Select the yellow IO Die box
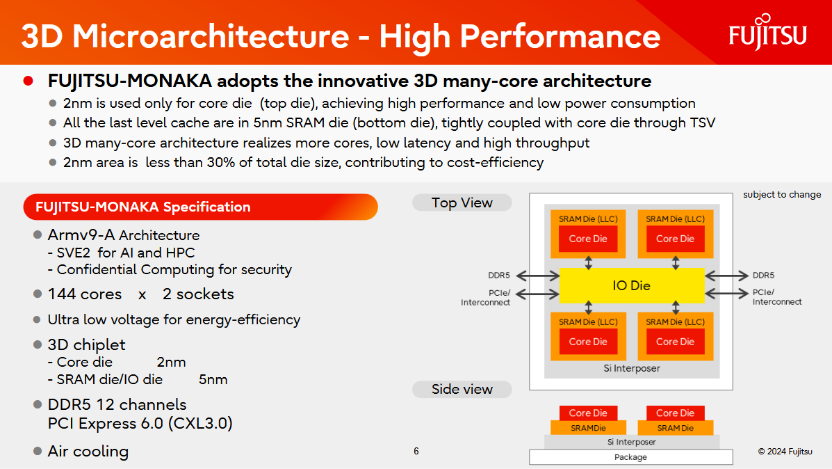[631, 285]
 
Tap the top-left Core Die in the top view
[588, 239]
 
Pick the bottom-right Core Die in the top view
[675, 342]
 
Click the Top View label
[462, 202]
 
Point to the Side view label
[462, 389]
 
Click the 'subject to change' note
[782, 195]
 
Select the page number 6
[416, 451]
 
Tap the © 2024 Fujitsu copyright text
[785, 452]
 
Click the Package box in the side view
[630, 457]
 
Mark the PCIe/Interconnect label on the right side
[776, 297]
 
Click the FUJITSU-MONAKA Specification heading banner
[200, 207]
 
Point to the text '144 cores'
[84, 294]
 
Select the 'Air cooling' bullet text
[88, 451]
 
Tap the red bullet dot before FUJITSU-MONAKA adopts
[28, 81]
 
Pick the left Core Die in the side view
[588, 413]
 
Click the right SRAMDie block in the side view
[675, 428]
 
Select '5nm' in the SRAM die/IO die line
[213, 379]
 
